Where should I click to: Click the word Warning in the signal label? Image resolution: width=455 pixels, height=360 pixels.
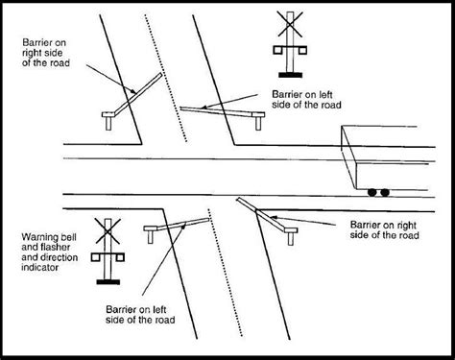(x=36, y=235)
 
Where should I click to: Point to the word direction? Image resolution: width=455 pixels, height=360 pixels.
(x=49, y=258)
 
